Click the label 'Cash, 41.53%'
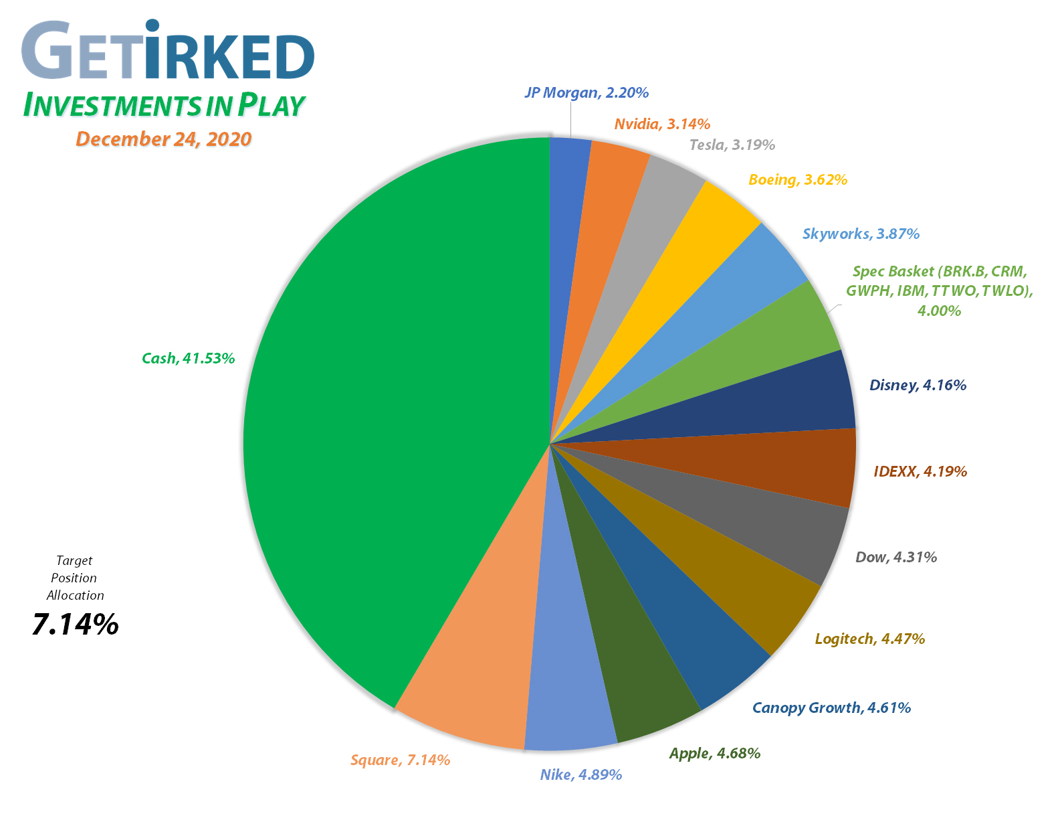(x=188, y=358)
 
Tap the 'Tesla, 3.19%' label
(x=732, y=145)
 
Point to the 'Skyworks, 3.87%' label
(x=861, y=234)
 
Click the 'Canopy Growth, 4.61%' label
(x=831, y=708)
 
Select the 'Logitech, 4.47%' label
(x=869, y=639)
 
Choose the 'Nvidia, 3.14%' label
(x=662, y=124)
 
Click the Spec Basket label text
(x=939, y=291)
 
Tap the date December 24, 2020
(x=163, y=139)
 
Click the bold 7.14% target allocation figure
(x=75, y=625)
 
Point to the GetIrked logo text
(x=167, y=52)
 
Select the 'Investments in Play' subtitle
(x=164, y=105)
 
